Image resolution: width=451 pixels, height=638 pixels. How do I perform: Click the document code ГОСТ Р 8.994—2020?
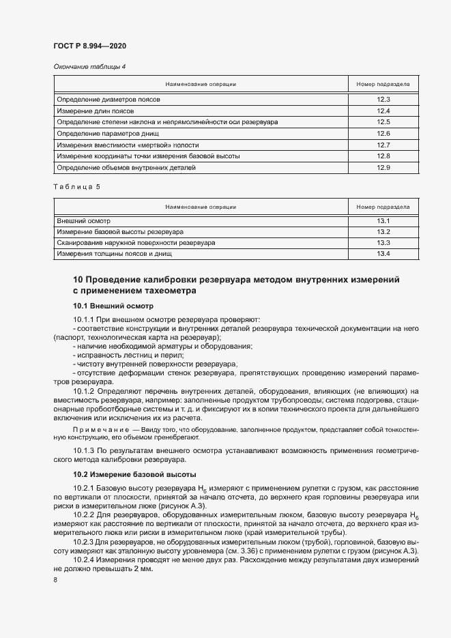(90, 46)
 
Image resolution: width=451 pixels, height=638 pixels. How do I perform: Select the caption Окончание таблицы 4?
(89, 66)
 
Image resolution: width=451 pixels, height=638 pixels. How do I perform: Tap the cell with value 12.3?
(383, 99)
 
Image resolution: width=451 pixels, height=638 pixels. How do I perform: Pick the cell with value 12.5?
(383, 121)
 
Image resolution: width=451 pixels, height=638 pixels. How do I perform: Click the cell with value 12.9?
(383, 167)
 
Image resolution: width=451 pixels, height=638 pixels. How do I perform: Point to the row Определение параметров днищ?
(108, 133)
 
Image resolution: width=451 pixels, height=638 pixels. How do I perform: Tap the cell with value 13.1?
(383, 221)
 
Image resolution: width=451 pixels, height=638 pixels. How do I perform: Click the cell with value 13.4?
(383, 254)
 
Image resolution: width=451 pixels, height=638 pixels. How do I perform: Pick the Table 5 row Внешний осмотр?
(83, 221)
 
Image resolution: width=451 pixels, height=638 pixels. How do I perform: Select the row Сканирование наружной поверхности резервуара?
(136, 243)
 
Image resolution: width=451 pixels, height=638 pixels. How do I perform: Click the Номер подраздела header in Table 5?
(383, 206)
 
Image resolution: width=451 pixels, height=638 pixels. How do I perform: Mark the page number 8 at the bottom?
(55, 580)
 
